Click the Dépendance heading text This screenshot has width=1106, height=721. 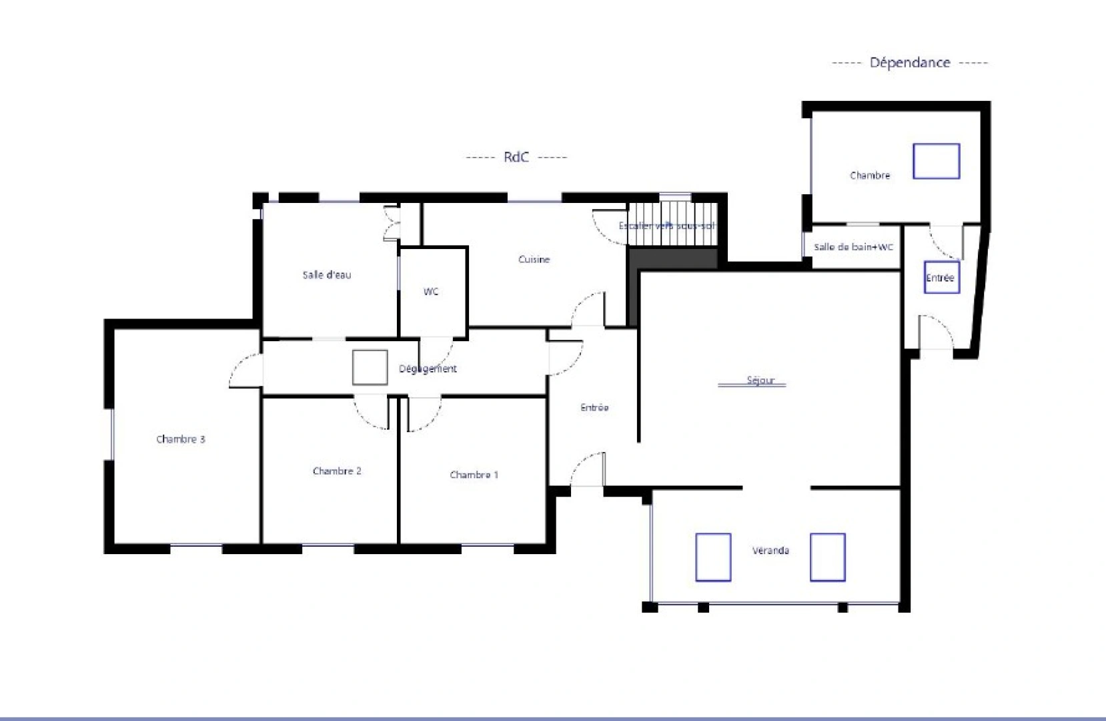909,63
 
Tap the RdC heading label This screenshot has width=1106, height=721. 516,157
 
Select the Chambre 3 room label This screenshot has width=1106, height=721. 181,439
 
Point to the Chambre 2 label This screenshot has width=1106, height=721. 337,471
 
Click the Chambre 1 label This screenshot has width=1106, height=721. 474,475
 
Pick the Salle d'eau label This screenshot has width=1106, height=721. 327,275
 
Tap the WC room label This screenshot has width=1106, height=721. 431,292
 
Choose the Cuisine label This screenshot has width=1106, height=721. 534,260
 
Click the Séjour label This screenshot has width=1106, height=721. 760,381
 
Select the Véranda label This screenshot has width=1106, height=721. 770,551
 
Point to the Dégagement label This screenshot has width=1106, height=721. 428,369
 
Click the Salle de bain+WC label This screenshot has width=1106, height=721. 853,247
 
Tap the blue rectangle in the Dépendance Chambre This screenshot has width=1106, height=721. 936,161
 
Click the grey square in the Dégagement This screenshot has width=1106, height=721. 370,367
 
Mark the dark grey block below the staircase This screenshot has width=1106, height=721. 672,259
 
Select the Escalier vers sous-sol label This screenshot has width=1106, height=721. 666,226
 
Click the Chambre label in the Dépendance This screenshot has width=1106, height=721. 870,176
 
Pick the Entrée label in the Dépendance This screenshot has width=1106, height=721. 940,278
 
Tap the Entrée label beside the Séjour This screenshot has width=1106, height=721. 594,407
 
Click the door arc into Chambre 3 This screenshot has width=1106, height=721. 244,371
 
